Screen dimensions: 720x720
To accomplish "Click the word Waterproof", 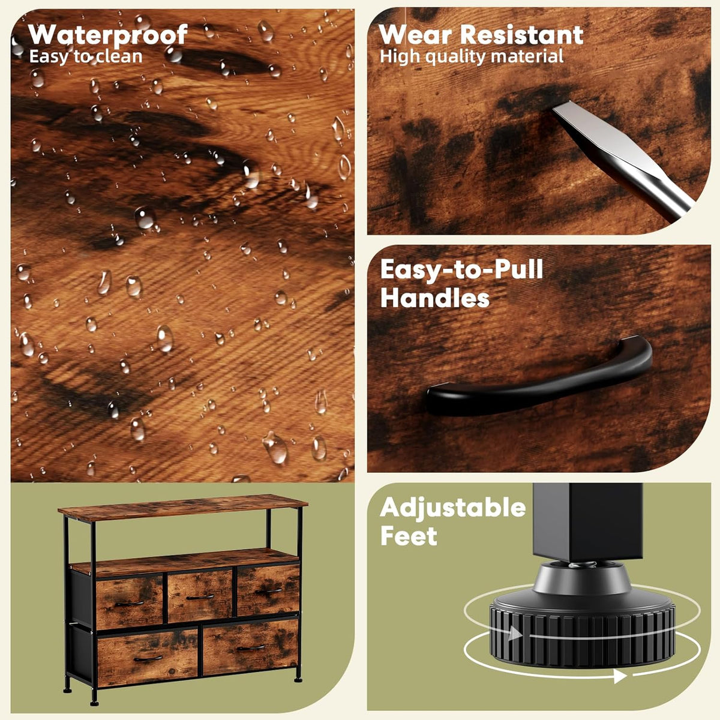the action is point(108,35).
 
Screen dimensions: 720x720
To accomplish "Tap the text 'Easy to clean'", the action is point(86,57).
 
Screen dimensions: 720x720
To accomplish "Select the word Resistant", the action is point(521,35).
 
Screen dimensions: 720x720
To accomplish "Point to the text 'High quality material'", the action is point(472,57).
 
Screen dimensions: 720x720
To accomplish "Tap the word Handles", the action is point(435,298).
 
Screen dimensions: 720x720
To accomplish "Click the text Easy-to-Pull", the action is point(462,270).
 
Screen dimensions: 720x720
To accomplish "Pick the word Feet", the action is point(409,536).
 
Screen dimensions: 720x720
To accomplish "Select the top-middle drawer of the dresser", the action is point(200,596).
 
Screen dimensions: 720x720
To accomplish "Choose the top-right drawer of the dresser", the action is point(268,590).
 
